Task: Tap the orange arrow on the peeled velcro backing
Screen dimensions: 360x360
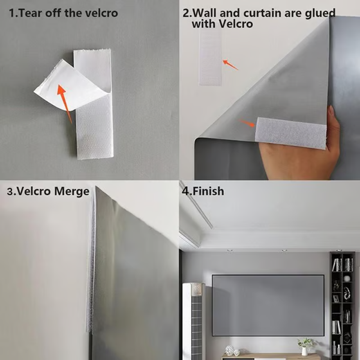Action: click(x=64, y=103)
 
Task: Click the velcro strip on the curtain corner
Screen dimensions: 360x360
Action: click(x=291, y=133)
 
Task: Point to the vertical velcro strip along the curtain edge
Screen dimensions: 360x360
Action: click(x=92, y=261)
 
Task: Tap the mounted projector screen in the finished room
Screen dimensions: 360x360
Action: click(x=268, y=305)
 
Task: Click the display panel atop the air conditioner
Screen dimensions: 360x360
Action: click(x=194, y=288)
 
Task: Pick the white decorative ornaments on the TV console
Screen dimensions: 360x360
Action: click(x=231, y=350)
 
